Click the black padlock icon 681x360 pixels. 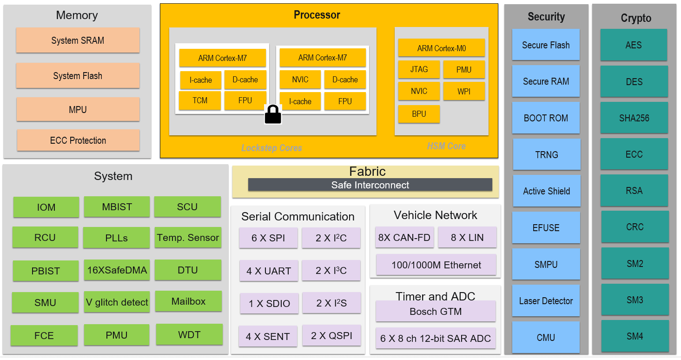273,114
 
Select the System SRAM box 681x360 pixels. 78,40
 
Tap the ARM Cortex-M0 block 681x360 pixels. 441,48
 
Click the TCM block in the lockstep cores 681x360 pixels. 200,100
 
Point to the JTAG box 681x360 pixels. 419,69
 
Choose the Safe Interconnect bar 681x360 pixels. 370,185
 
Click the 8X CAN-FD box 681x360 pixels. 404,238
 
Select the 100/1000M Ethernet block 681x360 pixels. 436,265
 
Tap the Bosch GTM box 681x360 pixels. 436,312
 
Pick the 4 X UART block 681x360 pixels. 269,271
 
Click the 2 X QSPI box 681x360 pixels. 331,336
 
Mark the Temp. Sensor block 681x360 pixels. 188,238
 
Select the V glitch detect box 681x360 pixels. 117,302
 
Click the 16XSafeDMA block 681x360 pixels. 117,270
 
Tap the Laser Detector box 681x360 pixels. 546,301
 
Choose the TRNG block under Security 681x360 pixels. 546,154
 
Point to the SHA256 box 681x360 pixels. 634,118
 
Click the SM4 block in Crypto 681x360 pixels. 635,336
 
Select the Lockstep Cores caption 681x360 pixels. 271,148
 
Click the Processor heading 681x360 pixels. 317,15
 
